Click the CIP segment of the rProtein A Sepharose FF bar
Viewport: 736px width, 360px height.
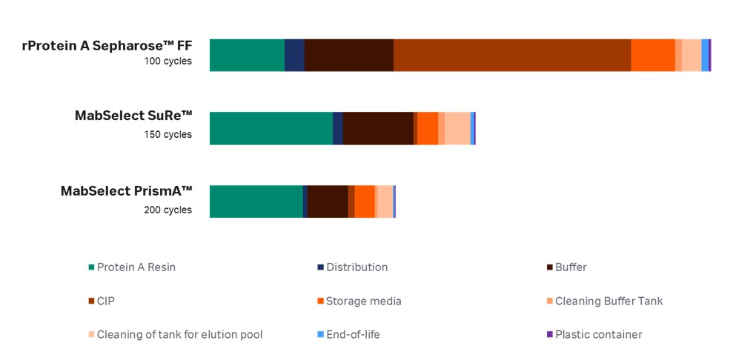click(x=511, y=55)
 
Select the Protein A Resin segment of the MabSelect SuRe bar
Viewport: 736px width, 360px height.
click(x=271, y=128)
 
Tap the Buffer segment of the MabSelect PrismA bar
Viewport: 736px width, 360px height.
click(x=328, y=201)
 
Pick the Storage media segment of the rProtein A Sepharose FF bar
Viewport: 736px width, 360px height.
click(x=652, y=55)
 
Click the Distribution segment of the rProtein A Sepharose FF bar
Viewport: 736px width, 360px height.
click(x=294, y=55)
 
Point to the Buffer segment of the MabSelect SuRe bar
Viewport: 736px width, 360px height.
click(x=378, y=128)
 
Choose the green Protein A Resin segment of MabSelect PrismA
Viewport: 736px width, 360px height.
click(x=256, y=201)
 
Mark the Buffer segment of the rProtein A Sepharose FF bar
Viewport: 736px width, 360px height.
click(x=348, y=55)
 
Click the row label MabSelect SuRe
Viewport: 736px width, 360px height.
click(x=133, y=116)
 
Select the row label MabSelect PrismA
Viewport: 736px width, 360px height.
click(x=126, y=190)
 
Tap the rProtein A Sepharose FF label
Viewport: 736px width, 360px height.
click(x=107, y=46)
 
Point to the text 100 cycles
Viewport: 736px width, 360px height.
click(x=168, y=61)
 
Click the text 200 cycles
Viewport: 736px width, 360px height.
click(x=168, y=210)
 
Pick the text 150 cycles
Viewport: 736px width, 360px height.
click(x=168, y=134)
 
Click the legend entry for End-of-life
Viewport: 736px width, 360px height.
click(x=353, y=335)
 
